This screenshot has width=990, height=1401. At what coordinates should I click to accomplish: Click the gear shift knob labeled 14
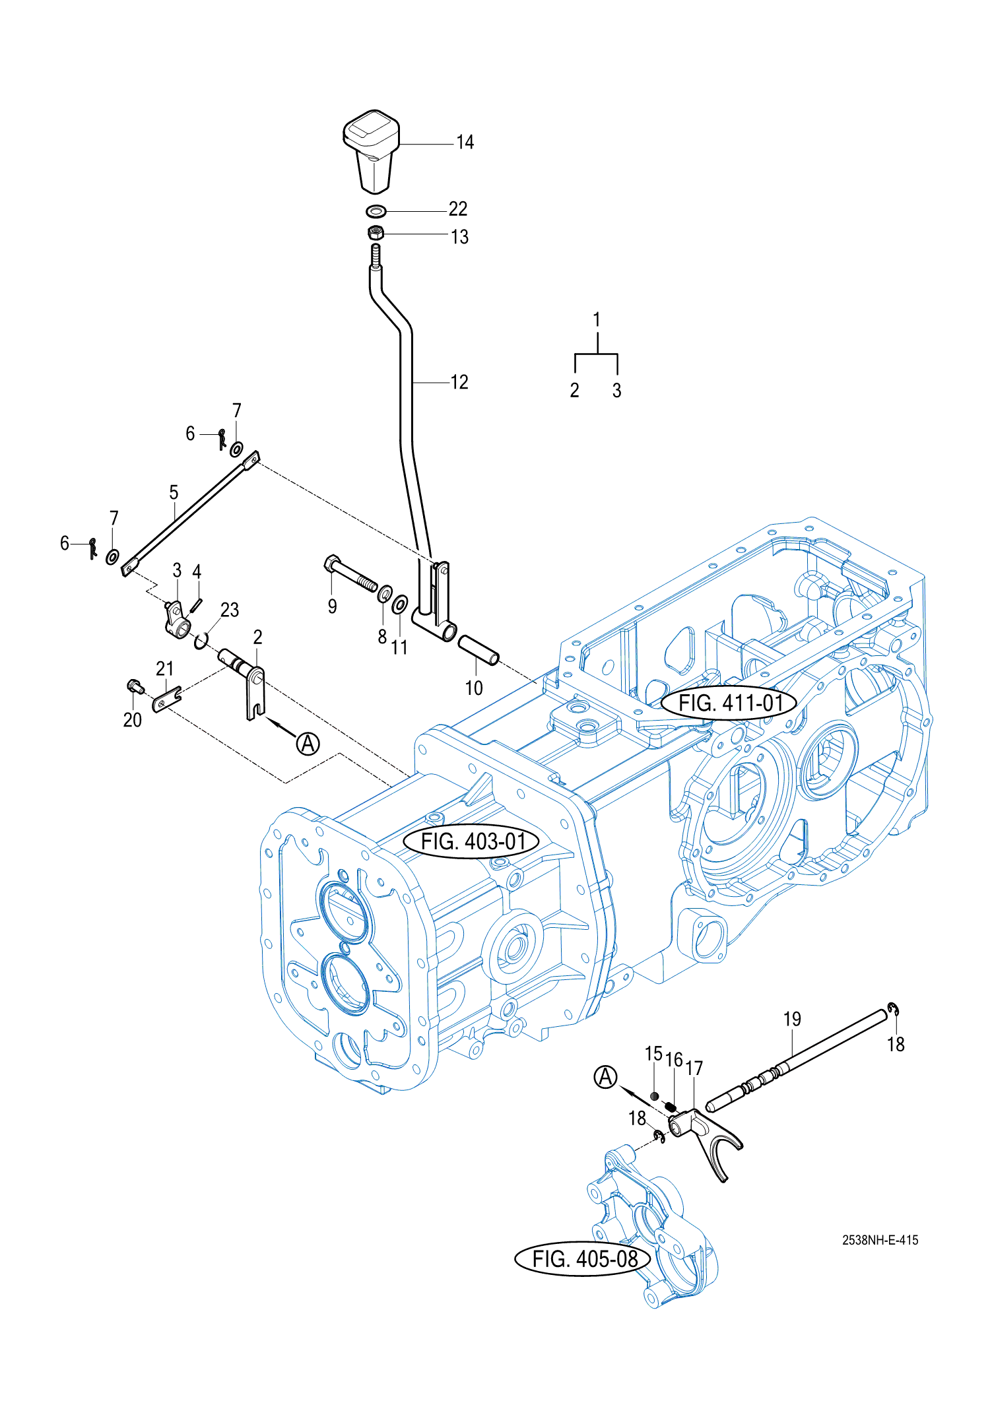[x=372, y=151]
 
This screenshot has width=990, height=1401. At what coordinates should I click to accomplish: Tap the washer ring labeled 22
[x=376, y=212]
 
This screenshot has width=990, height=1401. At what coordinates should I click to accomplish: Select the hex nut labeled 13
[x=376, y=233]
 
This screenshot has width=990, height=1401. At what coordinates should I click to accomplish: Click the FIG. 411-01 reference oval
[x=729, y=703]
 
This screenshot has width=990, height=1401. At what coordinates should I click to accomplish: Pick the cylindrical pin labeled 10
[x=479, y=650]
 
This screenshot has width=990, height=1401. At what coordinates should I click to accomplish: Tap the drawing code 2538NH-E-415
[x=880, y=1240]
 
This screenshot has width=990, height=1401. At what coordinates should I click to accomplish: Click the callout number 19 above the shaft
[x=792, y=1019]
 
